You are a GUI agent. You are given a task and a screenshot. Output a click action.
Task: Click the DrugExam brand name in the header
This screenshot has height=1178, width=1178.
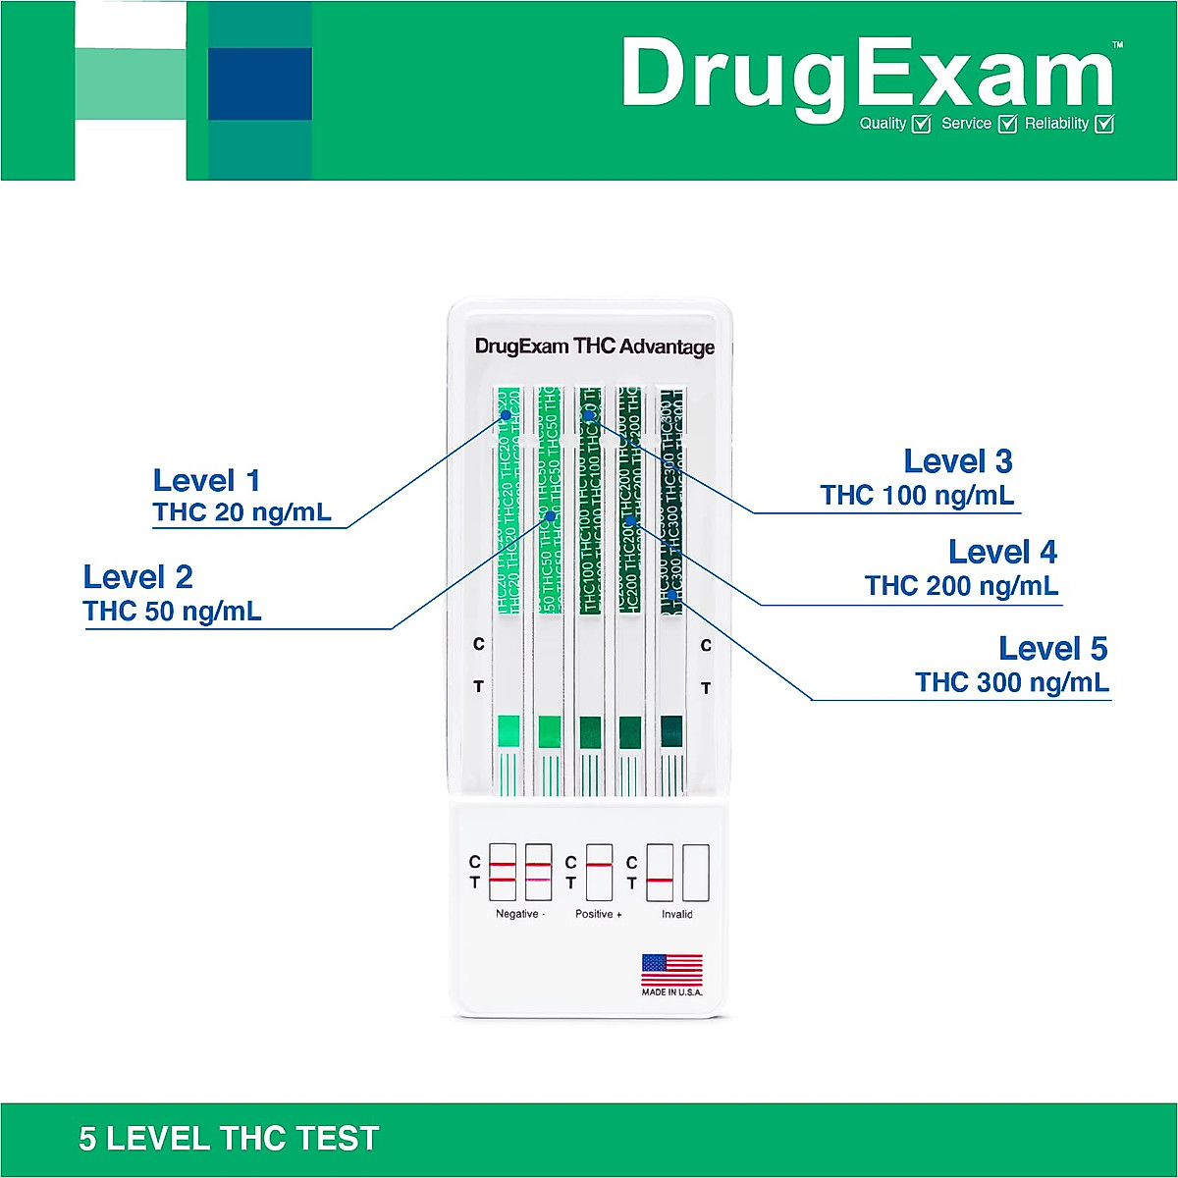coord(868,75)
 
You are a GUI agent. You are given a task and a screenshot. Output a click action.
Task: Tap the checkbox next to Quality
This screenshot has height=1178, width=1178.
coord(921,124)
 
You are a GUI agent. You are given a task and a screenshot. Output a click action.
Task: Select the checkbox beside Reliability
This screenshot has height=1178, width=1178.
coord(1103,124)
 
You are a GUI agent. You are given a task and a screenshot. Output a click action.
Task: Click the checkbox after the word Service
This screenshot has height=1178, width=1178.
coord(1007,124)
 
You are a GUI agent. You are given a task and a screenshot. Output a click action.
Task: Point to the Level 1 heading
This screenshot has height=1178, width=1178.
coord(206,481)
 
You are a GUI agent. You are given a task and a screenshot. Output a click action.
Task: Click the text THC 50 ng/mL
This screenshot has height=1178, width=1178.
coord(172,611)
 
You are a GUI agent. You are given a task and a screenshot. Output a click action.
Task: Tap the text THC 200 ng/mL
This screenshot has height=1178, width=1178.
coord(961,586)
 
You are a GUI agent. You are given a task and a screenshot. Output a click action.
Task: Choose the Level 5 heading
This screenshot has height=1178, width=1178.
coord(1052,649)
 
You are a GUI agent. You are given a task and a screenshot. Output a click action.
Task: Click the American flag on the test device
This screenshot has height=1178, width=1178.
coord(672,970)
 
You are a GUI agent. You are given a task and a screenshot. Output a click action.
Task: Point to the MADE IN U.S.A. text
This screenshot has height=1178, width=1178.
coord(672,992)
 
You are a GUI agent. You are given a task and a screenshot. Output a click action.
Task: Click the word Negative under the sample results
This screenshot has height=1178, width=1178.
coord(517,914)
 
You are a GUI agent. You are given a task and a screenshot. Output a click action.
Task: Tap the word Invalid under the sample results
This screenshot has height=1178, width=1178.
coord(676,914)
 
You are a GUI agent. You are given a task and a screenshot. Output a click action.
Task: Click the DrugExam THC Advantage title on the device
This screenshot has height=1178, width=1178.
coord(595,347)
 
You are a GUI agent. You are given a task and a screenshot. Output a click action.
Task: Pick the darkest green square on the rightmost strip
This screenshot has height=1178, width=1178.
coord(671,731)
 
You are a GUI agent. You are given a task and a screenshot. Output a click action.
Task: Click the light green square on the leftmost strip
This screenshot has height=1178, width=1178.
coord(509,731)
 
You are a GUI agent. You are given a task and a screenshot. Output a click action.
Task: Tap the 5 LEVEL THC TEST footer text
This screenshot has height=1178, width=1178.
coord(229,1139)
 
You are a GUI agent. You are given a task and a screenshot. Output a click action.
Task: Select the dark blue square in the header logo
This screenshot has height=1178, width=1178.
coord(259,83)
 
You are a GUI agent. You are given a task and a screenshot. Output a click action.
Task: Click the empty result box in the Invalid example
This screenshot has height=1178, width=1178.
coord(695,873)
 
